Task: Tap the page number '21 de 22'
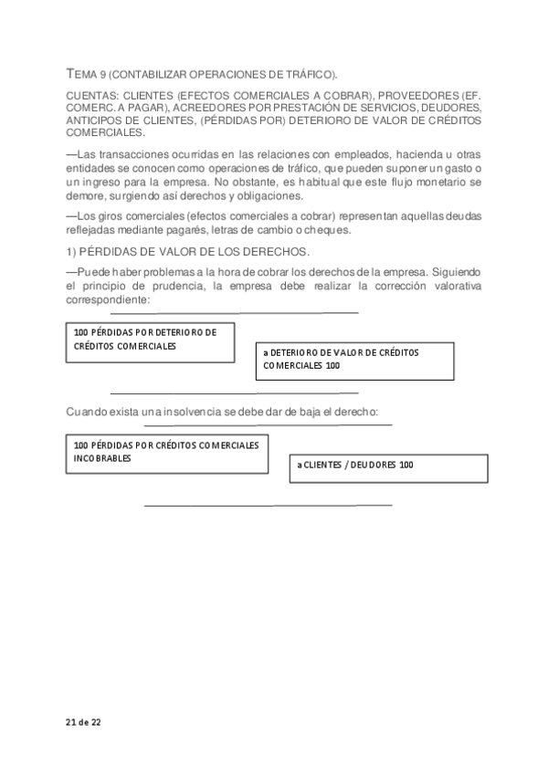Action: pyautogui.click(x=83, y=722)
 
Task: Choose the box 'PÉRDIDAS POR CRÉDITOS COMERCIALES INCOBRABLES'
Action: pyautogui.click(x=167, y=452)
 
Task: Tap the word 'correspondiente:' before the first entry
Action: pyautogui.click(x=108, y=298)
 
